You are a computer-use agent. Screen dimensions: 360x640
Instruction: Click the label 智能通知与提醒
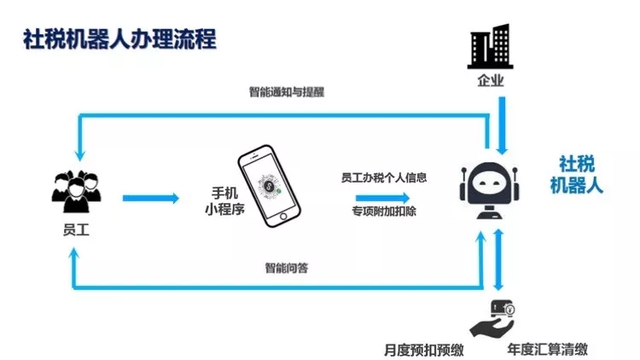pos(287,92)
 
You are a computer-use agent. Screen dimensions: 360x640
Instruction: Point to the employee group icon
pos(76,189)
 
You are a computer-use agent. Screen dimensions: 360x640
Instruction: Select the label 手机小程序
pos(222,199)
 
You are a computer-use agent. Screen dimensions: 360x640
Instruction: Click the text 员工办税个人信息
pos(384,178)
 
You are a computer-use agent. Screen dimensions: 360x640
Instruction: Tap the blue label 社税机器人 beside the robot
pos(576,175)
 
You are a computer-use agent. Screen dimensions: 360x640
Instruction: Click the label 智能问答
pos(287,268)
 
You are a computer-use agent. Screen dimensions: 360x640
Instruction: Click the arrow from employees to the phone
pos(151,198)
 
